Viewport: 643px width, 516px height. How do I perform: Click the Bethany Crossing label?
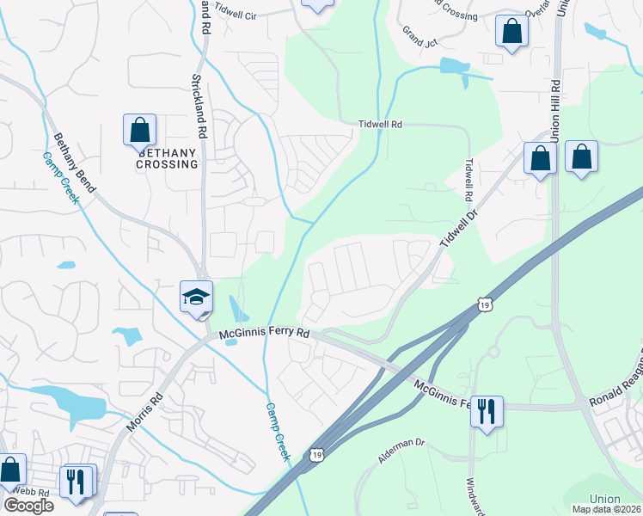click(167, 158)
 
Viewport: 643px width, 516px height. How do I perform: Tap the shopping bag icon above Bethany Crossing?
click(139, 131)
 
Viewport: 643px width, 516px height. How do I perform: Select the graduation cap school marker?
click(196, 297)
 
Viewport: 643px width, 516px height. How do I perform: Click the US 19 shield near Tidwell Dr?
click(486, 304)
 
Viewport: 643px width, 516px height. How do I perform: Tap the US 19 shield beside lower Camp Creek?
click(318, 453)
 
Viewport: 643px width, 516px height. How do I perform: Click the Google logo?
click(28, 506)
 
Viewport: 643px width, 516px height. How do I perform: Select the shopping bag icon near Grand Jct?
click(511, 33)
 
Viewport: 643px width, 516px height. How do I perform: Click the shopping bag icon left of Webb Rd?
click(11, 470)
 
